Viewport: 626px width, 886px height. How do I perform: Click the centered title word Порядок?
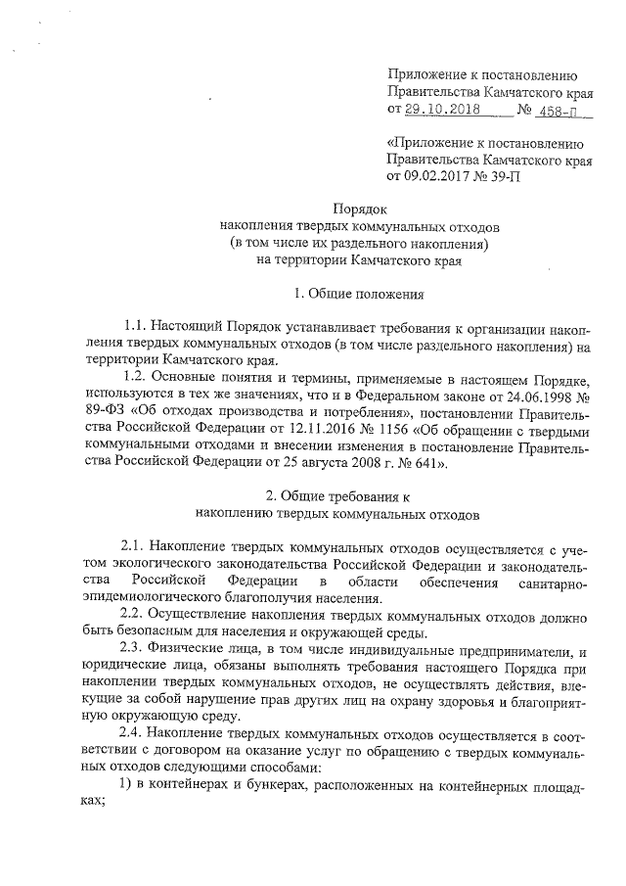[x=359, y=209]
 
